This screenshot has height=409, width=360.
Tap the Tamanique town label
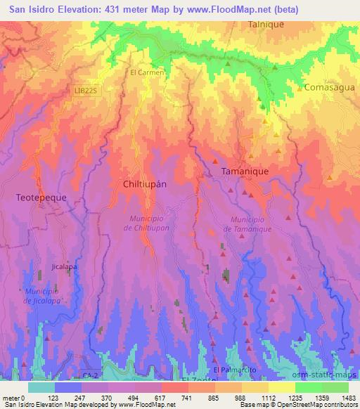pos(245,171)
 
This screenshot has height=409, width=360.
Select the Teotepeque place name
pos(41,198)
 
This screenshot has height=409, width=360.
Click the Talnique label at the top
pos(265,23)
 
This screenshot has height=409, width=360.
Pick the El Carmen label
pos(147,72)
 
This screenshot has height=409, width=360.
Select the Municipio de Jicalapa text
pos(44,296)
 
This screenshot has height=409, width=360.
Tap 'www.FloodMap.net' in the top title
pos(221,9)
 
